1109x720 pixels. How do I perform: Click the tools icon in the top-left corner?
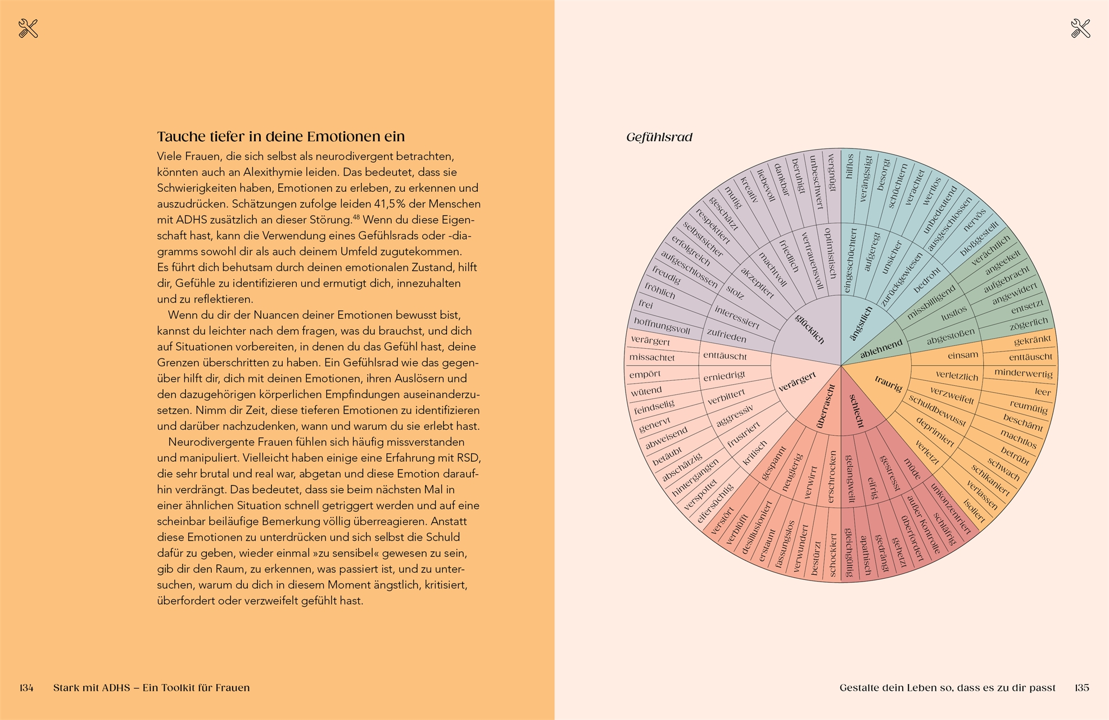(28, 28)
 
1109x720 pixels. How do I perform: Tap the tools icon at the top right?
(1080, 28)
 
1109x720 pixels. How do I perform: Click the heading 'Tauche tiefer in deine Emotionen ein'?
(280, 137)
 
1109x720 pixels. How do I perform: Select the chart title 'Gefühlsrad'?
(659, 137)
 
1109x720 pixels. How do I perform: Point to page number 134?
(26, 687)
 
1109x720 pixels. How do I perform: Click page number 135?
(1081, 687)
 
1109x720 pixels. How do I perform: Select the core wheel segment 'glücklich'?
(809, 328)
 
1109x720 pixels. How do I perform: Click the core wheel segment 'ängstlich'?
(861, 323)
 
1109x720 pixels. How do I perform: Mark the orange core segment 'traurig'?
(888, 383)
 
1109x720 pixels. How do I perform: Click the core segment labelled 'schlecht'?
(856, 410)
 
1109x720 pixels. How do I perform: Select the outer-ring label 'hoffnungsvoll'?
(662, 325)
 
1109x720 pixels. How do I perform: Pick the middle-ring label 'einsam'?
(963, 355)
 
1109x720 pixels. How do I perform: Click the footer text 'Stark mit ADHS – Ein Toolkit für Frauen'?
(151, 687)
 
